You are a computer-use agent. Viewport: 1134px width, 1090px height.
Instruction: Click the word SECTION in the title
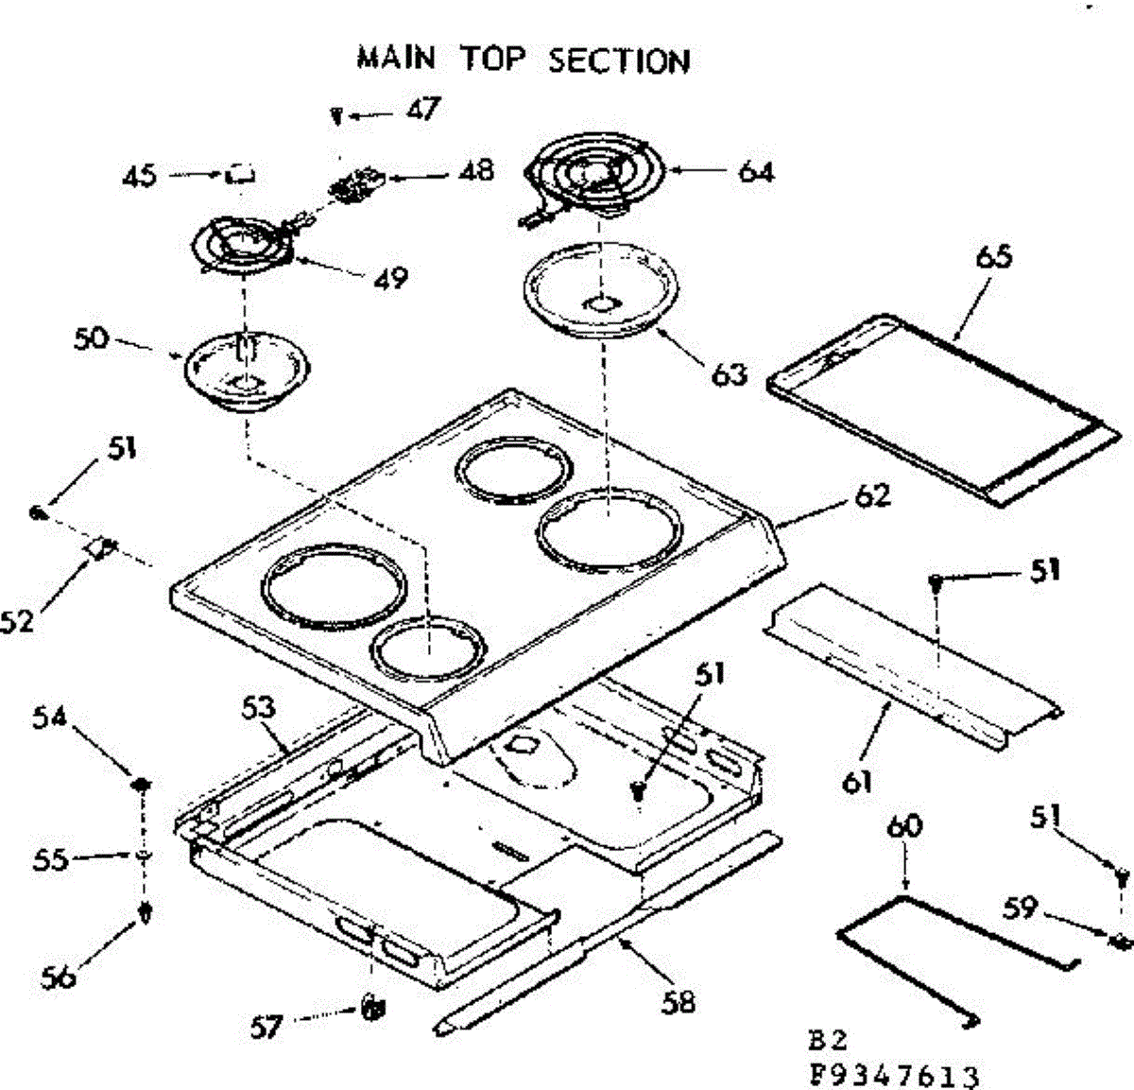tap(619, 61)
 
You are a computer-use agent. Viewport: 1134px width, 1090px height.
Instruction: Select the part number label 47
tap(423, 109)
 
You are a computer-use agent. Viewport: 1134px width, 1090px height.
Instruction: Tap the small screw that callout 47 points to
tap(336, 116)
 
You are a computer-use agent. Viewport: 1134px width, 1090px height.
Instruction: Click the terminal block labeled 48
tap(356, 183)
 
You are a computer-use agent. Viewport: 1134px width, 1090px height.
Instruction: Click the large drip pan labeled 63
tap(601, 290)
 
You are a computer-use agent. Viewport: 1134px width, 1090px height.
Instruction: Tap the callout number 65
tap(994, 256)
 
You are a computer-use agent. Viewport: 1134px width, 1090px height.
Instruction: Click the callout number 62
tap(872, 496)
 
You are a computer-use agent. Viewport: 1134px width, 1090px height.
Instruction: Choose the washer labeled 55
tap(143, 856)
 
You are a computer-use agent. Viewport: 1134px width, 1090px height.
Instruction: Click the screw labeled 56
tap(146, 913)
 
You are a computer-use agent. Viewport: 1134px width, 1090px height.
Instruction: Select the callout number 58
tap(679, 1003)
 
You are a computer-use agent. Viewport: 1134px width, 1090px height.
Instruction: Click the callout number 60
tap(904, 826)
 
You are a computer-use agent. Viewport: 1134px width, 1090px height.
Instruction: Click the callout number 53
tap(258, 708)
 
